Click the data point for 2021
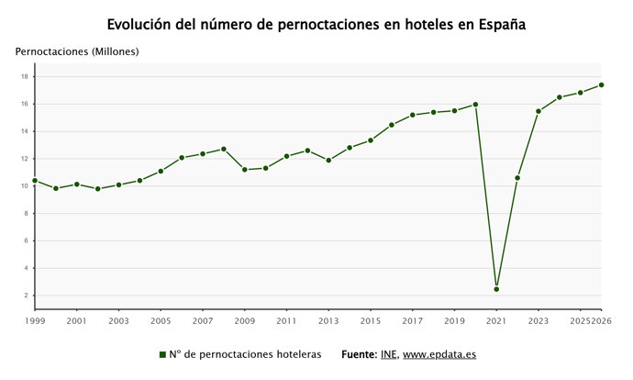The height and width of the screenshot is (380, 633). (x=496, y=289)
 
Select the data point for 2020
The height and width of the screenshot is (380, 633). (x=475, y=105)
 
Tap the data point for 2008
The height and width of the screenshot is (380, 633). (x=224, y=149)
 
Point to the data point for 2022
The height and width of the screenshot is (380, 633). (x=517, y=178)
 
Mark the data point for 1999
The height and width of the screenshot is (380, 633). (x=35, y=181)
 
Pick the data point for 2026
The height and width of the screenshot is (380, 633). (x=601, y=85)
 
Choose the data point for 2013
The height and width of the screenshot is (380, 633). (x=328, y=161)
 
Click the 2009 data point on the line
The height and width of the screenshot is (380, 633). (x=245, y=170)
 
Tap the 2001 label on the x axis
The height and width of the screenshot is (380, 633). (x=77, y=322)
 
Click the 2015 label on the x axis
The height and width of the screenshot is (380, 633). (x=371, y=322)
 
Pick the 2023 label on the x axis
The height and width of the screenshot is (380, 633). (x=539, y=322)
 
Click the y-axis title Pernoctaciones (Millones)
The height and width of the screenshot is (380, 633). (x=77, y=51)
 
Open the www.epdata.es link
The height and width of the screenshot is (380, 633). (x=439, y=354)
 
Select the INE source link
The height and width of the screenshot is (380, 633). (x=388, y=354)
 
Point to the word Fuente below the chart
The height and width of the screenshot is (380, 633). (x=358, y=354)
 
